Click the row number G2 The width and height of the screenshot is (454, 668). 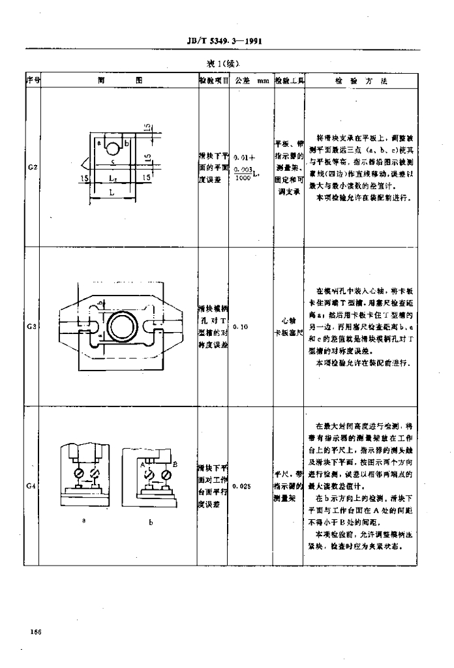coord(32,167)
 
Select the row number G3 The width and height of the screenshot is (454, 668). coord(32,327)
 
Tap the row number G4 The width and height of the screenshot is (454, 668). coord(32,486)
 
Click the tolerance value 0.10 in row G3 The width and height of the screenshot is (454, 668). coord(239,327)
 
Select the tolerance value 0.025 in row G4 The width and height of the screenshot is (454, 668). coord(241,486)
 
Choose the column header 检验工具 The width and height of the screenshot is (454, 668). coord(289,81)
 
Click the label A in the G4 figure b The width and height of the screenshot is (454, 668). coord(140,464)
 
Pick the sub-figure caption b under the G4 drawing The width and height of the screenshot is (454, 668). coord(150,527)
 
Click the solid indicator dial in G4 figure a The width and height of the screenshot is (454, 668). coord(78,471)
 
